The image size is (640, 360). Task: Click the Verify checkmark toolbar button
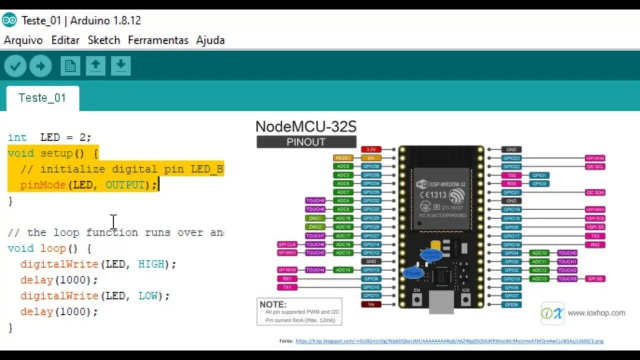15,66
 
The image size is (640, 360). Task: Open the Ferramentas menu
158,40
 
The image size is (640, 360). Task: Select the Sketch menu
104,40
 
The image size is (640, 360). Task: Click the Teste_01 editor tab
42,98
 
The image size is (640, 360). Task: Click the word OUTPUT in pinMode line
124,185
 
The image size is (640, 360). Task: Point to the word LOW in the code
147,295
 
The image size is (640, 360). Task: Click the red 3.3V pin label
371,149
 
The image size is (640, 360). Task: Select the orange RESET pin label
343,158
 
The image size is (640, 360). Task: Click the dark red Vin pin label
371,304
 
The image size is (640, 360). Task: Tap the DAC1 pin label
315,218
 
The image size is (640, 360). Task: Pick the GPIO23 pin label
511,158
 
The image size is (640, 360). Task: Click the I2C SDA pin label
595,192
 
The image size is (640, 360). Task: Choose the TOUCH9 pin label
315,200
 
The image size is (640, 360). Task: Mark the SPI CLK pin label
287,244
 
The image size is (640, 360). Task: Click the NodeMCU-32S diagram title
306,126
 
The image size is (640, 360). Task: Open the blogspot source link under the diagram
449,341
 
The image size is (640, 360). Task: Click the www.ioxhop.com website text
596,313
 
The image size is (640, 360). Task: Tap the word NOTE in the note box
273,304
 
